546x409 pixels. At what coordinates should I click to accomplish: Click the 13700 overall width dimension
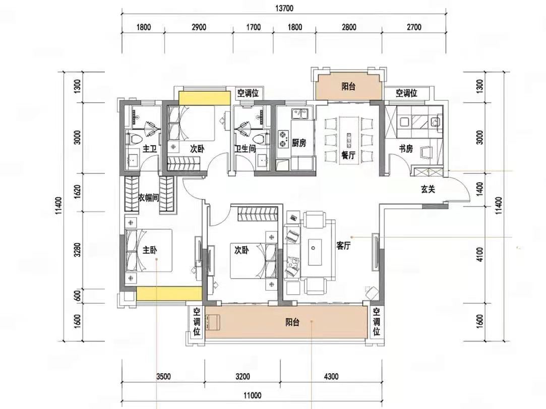[x=284, y=9]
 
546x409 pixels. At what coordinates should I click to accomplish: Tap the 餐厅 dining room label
[x=348, y=155]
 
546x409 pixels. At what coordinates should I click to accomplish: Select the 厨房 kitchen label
[x=299, y=143]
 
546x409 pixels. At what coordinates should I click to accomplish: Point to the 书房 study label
[x=406, y=149]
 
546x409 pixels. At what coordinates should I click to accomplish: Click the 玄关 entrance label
[x=428, y=189]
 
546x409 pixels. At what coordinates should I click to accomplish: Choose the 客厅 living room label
[x=343, y=246]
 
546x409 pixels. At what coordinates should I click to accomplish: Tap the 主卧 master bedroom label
[x=150, y=250]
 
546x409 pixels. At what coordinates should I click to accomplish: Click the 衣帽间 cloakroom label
[x=149, y=198]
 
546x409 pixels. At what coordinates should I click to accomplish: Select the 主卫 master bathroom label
[x=150, y=149]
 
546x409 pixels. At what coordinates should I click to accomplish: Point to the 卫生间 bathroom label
[x=245, y=149]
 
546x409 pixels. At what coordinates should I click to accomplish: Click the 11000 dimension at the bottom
[x=252, y=395]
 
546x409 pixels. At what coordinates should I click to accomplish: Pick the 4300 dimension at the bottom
[x=331, y=376]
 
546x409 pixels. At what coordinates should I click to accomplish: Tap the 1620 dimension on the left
[x=77, y=192]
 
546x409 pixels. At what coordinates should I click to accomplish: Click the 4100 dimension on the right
[x=480, y=254]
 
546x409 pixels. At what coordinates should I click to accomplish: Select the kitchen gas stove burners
[x=283, y=139]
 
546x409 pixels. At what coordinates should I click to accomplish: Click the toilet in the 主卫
[x=135, y=139]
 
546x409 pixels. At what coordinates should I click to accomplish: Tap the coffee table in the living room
[x=315, y=248]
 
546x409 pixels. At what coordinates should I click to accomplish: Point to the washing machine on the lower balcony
[x=213, y=322]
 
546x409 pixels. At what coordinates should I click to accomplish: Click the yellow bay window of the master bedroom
[x=169, y=294]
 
